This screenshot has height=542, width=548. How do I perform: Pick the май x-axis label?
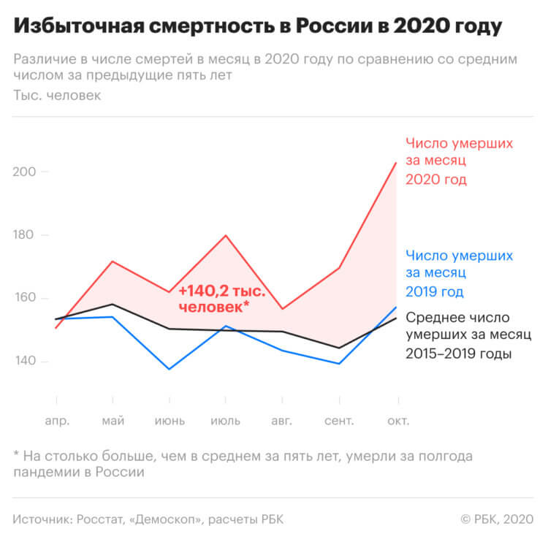coord(113,421)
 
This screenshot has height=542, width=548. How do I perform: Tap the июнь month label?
coord(170,421)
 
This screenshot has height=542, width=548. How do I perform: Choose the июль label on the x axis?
coord(226,421)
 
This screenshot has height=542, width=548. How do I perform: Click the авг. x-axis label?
coord(283,421)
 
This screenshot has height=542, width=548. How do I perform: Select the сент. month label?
coord(339,421)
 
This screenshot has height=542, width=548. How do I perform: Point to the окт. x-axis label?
coord(397,421)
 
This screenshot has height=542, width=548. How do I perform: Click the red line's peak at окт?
coord(396,162)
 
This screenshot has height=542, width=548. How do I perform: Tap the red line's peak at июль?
coord(226,235)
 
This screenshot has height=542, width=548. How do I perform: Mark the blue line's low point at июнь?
coord(170,369)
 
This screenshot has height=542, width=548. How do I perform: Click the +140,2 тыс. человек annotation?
coord(221,300)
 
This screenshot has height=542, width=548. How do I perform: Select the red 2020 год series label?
coord(435,180)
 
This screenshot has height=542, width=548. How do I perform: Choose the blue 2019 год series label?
coord(435,292)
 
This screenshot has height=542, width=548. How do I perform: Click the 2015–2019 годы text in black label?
coord(457,354)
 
